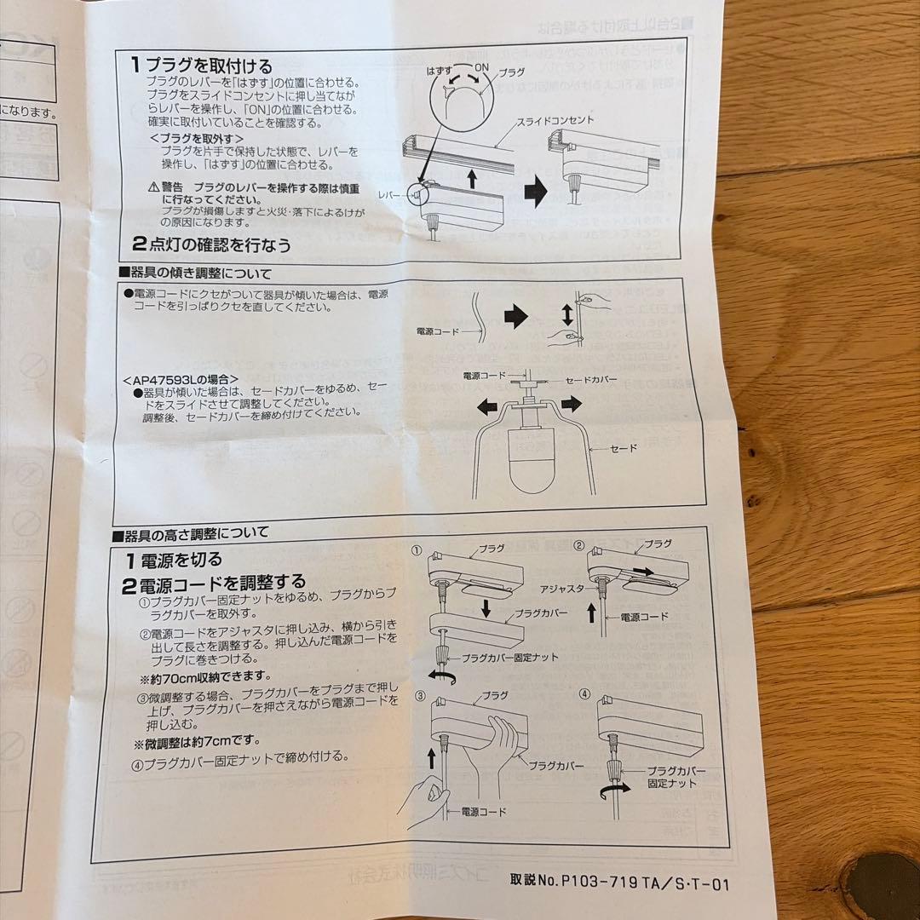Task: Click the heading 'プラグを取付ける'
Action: point(210,65)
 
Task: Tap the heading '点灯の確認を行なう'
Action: point(220,245)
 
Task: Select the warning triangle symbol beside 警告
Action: point(153,187)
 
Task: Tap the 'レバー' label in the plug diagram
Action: point(392,196)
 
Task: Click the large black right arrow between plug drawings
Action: point(534,191)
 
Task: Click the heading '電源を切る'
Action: point(179,560)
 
